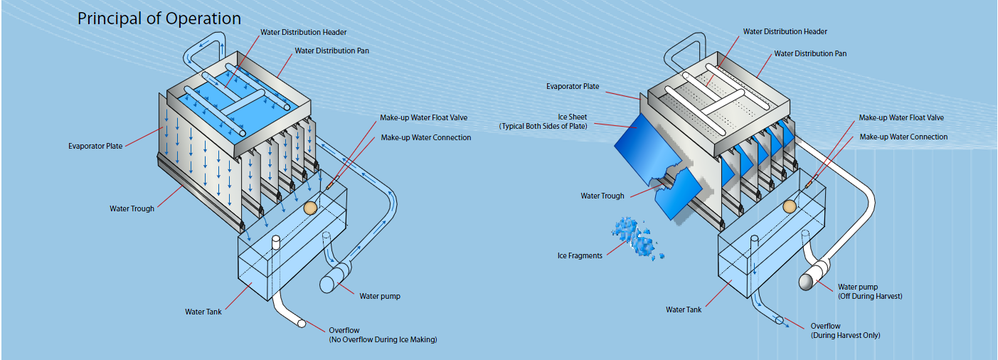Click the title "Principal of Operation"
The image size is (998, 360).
point(159,18)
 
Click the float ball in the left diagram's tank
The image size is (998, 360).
point(310,208)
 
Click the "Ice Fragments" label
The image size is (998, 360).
point(580,255)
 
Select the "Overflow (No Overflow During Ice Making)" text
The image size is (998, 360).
point(382,335)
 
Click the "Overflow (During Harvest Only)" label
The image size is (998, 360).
point(845,330)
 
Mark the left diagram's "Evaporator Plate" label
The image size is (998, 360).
point(95,146)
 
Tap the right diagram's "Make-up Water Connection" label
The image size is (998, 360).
point(903,137)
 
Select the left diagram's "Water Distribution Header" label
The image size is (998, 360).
point(303,32)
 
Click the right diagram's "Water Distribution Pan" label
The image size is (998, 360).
point(810,53)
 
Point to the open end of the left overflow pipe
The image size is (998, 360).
point(302,324)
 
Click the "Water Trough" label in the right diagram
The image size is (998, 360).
point(602,196)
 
